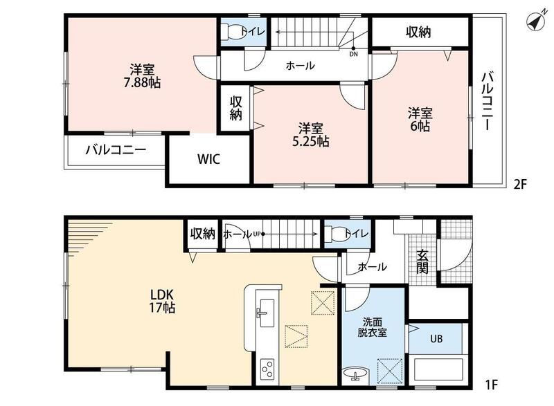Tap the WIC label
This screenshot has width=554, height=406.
click(209, 158)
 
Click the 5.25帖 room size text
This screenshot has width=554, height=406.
click(311, 142)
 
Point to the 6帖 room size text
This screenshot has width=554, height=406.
click(420, 126)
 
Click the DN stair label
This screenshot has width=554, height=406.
click(353, 55)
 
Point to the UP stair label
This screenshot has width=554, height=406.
click(257, 234)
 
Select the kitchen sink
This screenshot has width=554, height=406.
click(267, 308)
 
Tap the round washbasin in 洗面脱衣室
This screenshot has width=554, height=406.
click(355, 373)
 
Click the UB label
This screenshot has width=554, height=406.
click(436, 339)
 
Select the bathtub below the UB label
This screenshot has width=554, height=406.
click(438, 369)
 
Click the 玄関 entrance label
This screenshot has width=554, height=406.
click(422, 262)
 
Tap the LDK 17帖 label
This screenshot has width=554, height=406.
click(162, 301)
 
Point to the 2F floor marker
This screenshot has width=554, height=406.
click(520, 184)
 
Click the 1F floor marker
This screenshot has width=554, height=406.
click(491, 384)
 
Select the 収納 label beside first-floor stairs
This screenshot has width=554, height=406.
click(203, 234)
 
